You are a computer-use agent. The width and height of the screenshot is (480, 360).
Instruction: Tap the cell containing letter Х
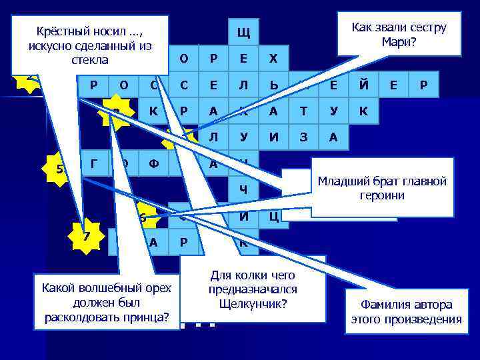[273, 59]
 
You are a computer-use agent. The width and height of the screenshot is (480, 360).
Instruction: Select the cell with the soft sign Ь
[273, 85]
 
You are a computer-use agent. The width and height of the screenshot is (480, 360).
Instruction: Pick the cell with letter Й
[363, 85]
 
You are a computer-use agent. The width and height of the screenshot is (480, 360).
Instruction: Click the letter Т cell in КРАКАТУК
[303, 112]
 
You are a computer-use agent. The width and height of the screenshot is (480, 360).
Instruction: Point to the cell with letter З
[303, 138]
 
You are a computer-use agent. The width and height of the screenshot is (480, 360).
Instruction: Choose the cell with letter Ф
[153, 164]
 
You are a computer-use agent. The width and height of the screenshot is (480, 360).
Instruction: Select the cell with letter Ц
[273, 216]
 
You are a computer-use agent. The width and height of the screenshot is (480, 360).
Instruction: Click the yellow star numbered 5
[61, 169]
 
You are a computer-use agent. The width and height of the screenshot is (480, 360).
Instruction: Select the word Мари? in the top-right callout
[399, 41]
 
